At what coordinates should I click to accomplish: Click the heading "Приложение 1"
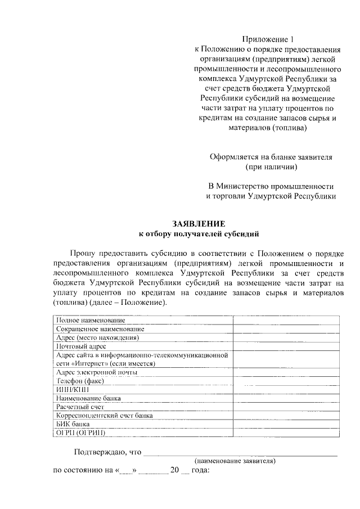(x=268, y=39)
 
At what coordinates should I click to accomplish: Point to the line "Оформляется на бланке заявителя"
(x=271, y=157)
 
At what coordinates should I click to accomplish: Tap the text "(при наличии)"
(x=272, y=167)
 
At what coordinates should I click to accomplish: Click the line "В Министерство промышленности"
(x=271, y=186)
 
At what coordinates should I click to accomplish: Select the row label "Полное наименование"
(x=91, y=320)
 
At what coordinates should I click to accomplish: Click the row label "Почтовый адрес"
(x=81, y=346)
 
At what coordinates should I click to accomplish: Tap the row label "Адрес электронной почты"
(x=96, y=372)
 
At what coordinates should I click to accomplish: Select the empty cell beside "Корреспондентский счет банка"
(x=286, y=416)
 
